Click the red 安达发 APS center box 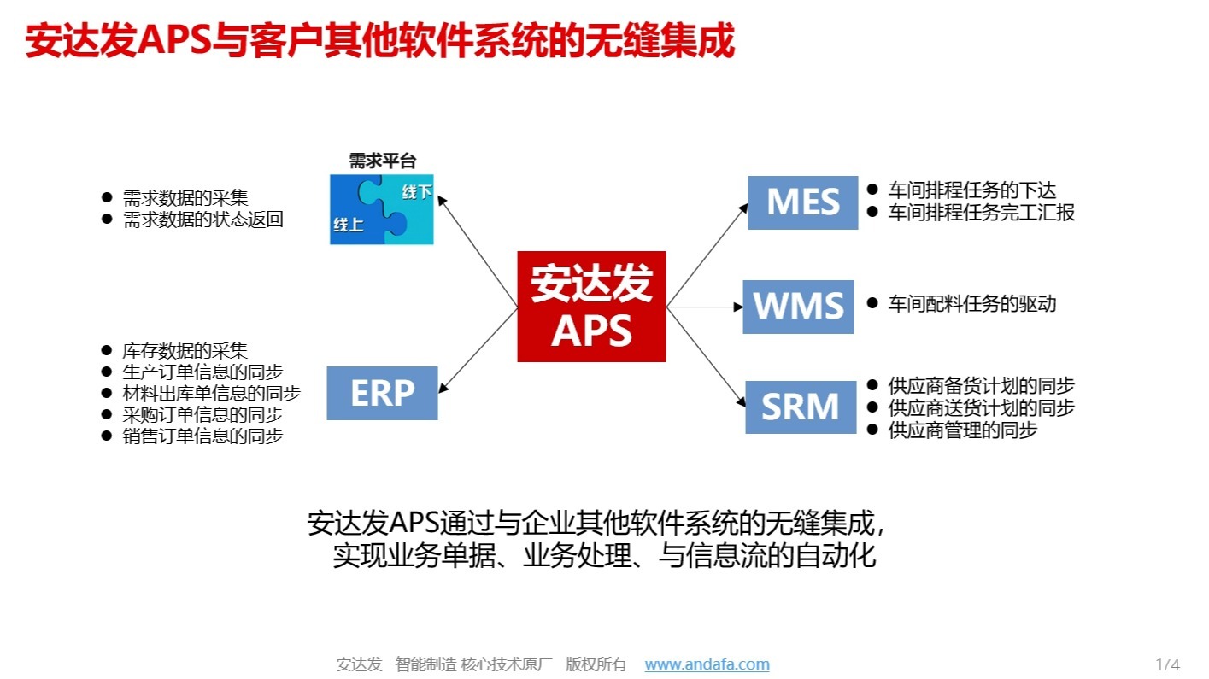click(591, 306)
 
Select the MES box click(802, 202)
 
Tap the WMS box click(798, 307)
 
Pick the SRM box click(800, 407)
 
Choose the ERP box click(382, 393)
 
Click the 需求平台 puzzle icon click(382, 210)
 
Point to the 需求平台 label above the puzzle click(382, 161)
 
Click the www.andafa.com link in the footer click(707, 664)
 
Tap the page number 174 click(1167, 664)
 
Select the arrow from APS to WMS click(705, 307)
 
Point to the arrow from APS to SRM click(706, 354)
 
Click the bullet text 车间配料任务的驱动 click(972, 303)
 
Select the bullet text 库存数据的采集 click(185, 350)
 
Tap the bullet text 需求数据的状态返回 click(203, 220)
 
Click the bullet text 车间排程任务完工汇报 click(982, 213)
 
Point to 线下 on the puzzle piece click(417, 192)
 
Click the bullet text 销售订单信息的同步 click(203, 436)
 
